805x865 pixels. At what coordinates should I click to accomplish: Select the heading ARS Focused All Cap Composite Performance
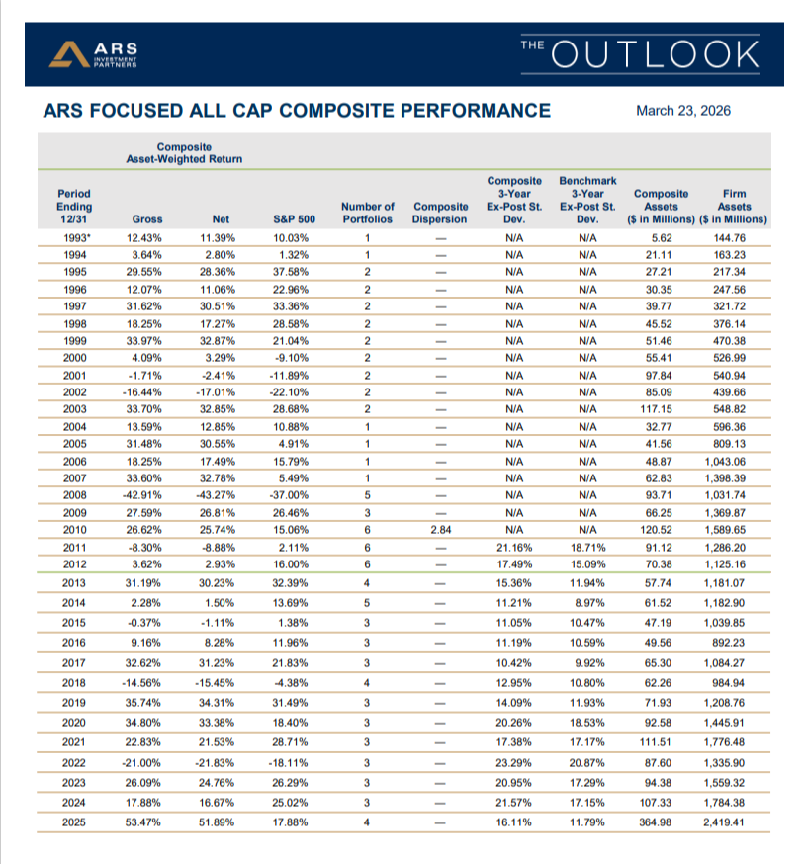[x=297, y=111]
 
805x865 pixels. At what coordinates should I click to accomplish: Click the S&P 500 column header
[x=293, y=218]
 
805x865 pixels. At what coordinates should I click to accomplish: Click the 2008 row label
[x=73, y=495]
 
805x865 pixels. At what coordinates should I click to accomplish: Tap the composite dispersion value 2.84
[x=441, y=531]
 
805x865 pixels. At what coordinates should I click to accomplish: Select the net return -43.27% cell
[x=221, y=495]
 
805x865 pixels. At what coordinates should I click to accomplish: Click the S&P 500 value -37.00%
[x=293, y=495]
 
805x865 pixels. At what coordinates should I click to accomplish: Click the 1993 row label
[x=74, y=237]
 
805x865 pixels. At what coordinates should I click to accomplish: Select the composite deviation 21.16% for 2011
[x=514, y=549]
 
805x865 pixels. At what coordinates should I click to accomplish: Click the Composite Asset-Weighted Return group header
[x=184, y=152]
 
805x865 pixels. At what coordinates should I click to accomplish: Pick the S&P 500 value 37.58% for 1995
[x=293, y=273]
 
